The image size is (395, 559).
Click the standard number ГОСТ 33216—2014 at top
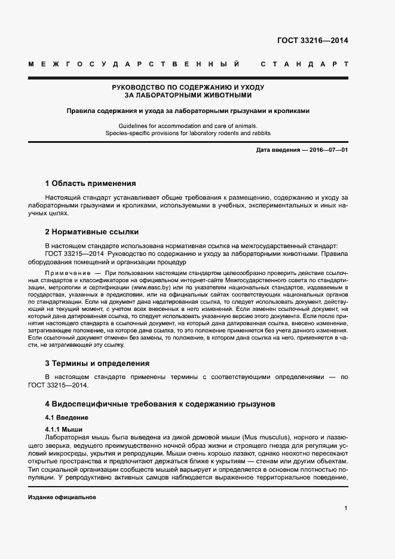313,41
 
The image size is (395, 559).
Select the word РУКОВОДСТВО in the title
143,87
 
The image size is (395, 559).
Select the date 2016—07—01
329,149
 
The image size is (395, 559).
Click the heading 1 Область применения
91,184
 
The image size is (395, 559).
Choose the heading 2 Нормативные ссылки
93,232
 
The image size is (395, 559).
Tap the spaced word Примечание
63,273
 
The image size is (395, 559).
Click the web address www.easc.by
150,288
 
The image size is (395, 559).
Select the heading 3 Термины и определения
97,363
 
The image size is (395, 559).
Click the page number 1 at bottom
345,508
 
